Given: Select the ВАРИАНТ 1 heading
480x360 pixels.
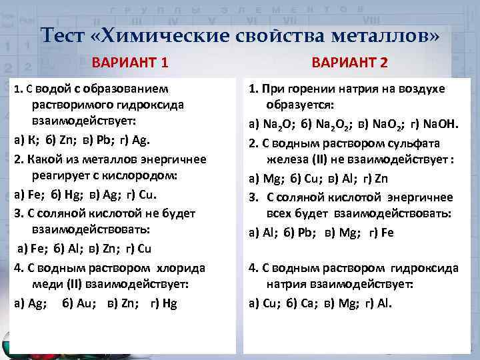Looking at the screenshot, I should tap(130, 64).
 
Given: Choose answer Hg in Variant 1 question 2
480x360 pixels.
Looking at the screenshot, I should tap(73, 195).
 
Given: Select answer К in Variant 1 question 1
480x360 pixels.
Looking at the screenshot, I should tap(31, 141).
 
